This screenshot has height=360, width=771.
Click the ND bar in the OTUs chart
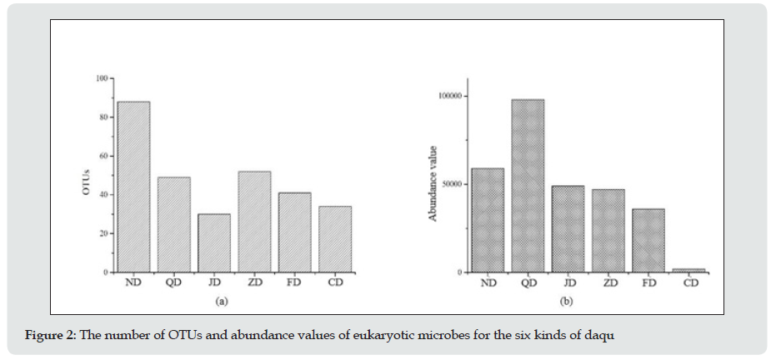133,187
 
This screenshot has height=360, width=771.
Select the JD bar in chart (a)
214,242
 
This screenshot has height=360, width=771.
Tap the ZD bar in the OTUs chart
254,222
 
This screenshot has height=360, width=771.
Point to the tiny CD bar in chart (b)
689,270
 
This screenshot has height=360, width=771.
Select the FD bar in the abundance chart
648,240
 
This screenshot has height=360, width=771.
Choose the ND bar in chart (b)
488,220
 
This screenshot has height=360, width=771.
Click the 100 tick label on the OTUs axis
102,78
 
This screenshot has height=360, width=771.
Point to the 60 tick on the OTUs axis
103,156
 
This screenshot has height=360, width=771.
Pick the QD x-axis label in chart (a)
174,283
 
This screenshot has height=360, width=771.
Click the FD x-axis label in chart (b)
648,283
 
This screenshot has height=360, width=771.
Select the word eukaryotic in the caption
364,334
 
